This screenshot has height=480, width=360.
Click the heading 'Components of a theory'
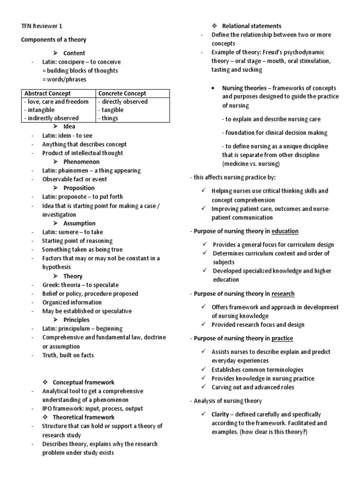[53, 40]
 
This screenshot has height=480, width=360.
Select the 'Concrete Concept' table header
[122, 93]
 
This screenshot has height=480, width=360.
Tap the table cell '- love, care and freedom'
[56, 102]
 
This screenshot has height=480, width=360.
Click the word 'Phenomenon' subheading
[81, 162]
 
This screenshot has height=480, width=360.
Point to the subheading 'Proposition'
[79, 188]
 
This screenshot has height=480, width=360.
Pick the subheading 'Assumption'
[79, 223]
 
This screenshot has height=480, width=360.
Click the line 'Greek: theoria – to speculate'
[80, 285]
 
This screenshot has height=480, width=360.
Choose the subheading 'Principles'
[77, 320]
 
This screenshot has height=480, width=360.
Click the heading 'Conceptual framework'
[83, 382]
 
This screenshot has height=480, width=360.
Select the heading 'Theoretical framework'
[83, 417]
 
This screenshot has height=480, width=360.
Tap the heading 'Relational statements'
[252, 26]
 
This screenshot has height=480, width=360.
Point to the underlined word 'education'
[285, 231]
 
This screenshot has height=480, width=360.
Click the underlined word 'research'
[283, 294]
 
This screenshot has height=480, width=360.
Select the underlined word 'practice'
[282, 338]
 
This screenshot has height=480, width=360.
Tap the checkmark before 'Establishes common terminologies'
[203, 369]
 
